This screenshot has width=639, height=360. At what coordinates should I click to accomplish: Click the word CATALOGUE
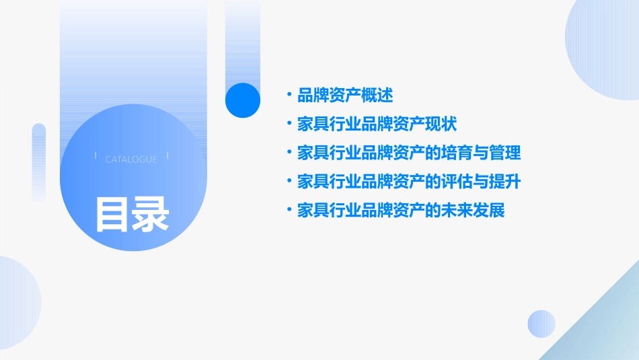[x=131, y=159]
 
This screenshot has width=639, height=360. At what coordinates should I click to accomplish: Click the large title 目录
[x=132, y=213]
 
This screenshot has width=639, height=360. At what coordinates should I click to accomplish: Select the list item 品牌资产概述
[x=345, y=95]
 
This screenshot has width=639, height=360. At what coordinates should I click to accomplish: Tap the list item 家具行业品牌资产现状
[x=377, y=124]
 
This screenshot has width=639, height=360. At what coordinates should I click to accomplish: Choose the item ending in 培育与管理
[x=409, y=153]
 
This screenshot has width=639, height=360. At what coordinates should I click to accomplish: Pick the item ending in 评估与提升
[x=409, y=182]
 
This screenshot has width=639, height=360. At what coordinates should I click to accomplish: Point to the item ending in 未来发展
[x=401, y=211]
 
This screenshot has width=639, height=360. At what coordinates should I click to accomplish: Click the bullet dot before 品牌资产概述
[x=289, y=95]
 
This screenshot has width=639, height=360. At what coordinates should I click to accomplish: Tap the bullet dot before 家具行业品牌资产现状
[x=289, y=124]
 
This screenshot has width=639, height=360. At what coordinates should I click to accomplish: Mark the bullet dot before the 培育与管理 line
[x=289, y=153]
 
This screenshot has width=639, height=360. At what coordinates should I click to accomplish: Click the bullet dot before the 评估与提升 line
[x=289, y=182]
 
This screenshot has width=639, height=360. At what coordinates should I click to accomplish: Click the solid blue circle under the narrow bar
[x=242, y=100]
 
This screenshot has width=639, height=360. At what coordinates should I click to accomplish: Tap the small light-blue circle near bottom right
[x=541, y=324]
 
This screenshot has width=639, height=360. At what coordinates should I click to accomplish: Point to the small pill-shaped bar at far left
[x=39, y=161]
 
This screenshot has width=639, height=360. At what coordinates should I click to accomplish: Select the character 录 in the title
[x=151, y=213]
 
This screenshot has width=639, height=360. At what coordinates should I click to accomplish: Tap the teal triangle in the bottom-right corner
[x=605, y=330]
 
